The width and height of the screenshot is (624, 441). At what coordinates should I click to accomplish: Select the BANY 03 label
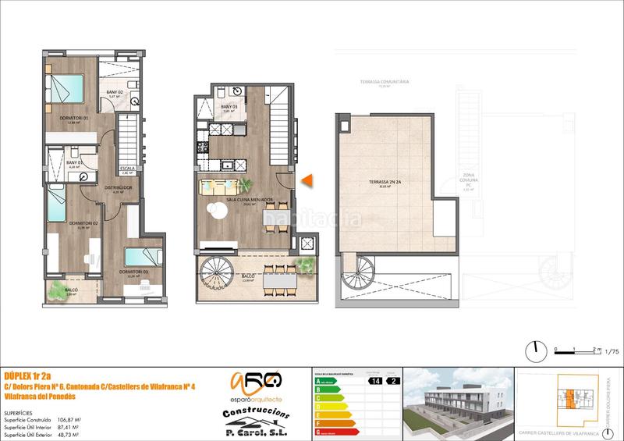(x=229, y=107)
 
